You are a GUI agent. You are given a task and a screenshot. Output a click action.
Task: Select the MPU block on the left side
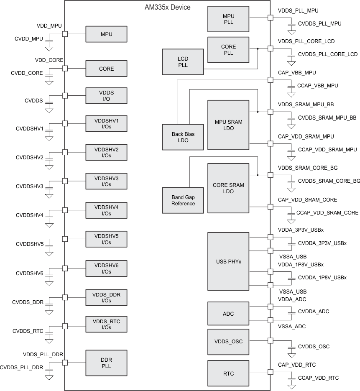pyautogui.click(x=106, y=34)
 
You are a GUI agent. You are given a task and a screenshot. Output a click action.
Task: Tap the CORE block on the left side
pyautogui.click(x=106, y=69)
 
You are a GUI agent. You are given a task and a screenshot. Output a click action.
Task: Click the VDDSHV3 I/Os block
pyautogui.click(x=106, y=181)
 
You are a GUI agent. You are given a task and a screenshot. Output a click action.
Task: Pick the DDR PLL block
pyautogui.click(x=106, y=363)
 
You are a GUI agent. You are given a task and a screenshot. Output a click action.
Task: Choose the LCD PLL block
pyautogui.click(x=183, y=61)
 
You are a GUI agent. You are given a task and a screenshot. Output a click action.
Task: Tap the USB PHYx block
pyautogui.click(x=228, y=261)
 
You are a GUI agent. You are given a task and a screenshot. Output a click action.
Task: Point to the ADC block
pyautogui.click(x=228, y=314)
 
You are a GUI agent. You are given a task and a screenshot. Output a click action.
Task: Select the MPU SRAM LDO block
pyautogui.click(x=228, y=125)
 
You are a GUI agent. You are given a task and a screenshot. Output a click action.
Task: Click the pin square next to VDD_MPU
pyautogui.click(x=65, y=34)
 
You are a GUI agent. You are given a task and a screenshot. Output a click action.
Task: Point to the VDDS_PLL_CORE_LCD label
pyautogui.click(x=306, y=41)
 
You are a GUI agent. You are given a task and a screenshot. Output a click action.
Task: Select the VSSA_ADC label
pyautogui.click(x=292, y=327)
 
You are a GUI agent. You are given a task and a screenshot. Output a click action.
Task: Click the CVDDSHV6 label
pyautogui.click(x=30, y=273)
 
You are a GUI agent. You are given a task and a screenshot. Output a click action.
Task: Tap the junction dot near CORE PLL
pyautogui.click(x=258, y=49)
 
